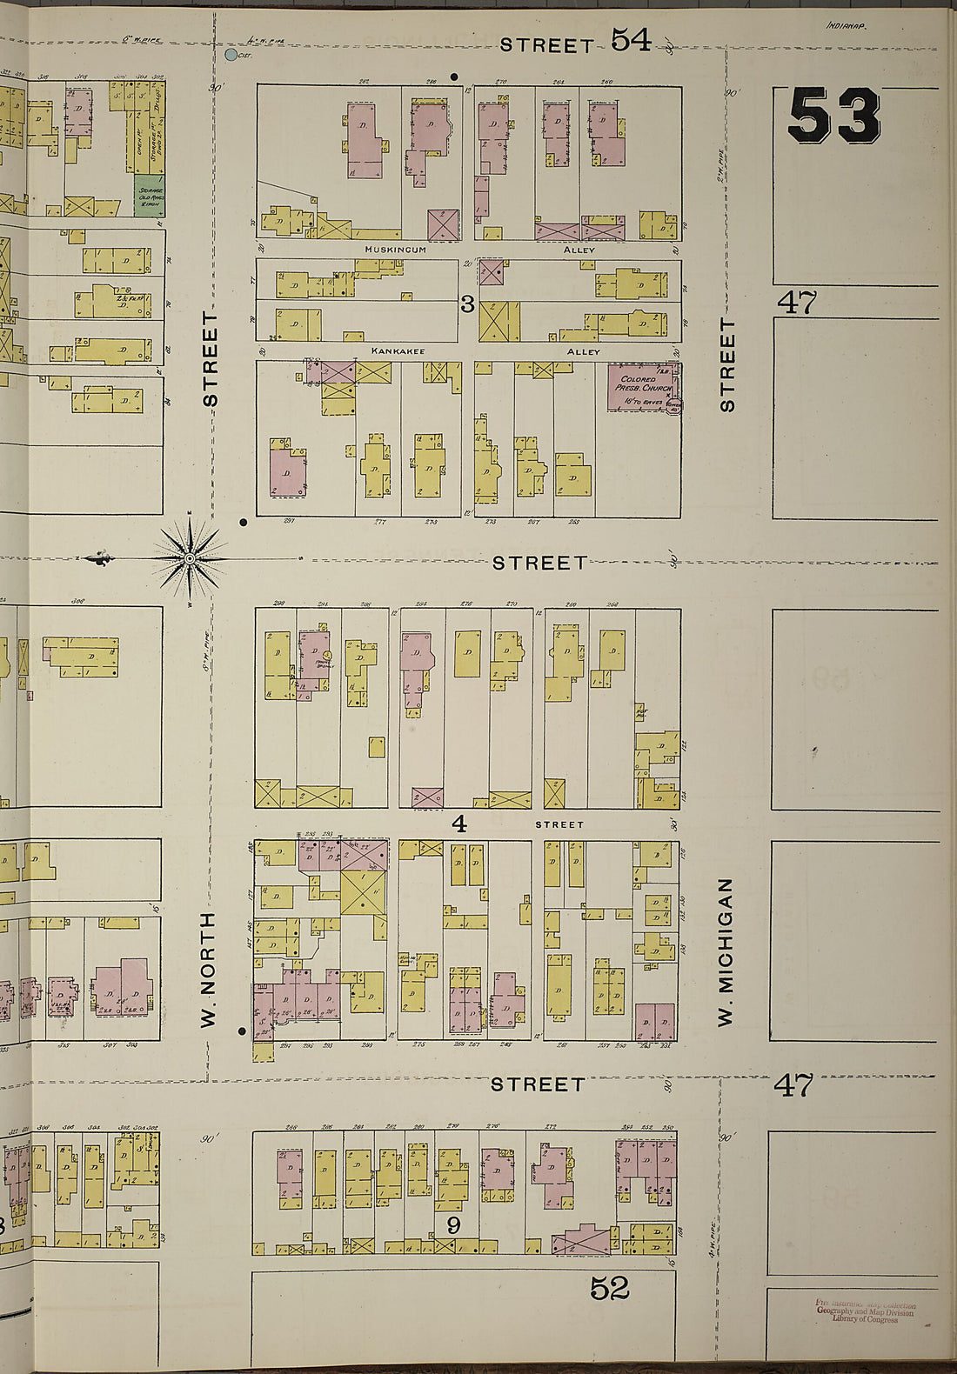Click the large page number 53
tap(833, 117)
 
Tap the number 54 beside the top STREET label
tap(630, 39)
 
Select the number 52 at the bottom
tap(609, 1288)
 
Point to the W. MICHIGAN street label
tap(726, 952)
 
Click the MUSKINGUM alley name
tap(396, 250)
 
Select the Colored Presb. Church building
tap(642, 388)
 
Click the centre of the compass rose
tap(191, 559)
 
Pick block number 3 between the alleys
tap(466, 303)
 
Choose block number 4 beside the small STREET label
tap(458, 823)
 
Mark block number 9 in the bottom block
tap(452, 1226)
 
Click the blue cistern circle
tap(231, 55)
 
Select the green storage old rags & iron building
tap(149, 196)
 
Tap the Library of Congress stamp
tap(865, 1311)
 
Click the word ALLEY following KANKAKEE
tap(583, 351)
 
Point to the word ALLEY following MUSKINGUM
tap(579, 250)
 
